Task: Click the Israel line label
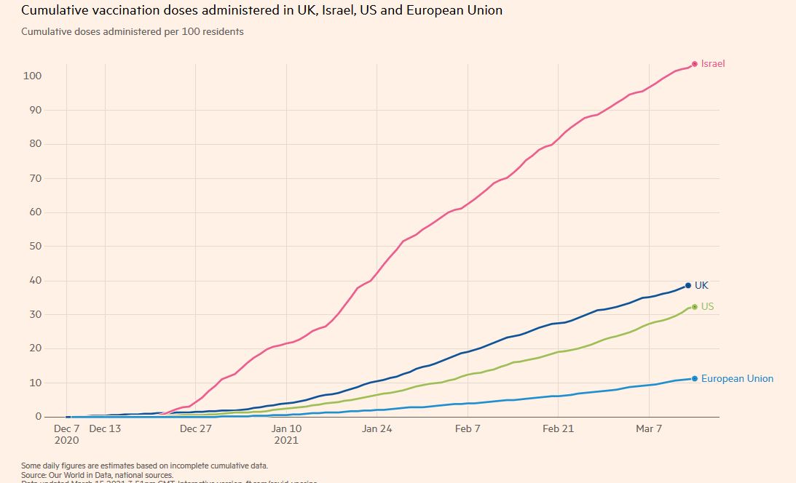pos(713,64)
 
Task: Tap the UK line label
pos(701,286)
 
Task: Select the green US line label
pos(707,307)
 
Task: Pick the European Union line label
pos(737,379)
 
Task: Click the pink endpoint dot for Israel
pos(695,64)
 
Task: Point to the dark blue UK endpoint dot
pos(687,286)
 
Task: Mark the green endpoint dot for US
pos(694,307)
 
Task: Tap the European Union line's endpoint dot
pos(695,379)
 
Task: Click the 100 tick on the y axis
pos(32,76)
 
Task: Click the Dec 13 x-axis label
pos(105,429)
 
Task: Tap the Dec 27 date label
pos(195,429)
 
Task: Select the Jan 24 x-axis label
pos(377,429)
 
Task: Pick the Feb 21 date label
pos(558,429)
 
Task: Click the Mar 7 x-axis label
pos(649,429)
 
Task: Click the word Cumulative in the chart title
pos(53,11)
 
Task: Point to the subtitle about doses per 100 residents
pos(133,32)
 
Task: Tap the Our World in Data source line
pos(97,474)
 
